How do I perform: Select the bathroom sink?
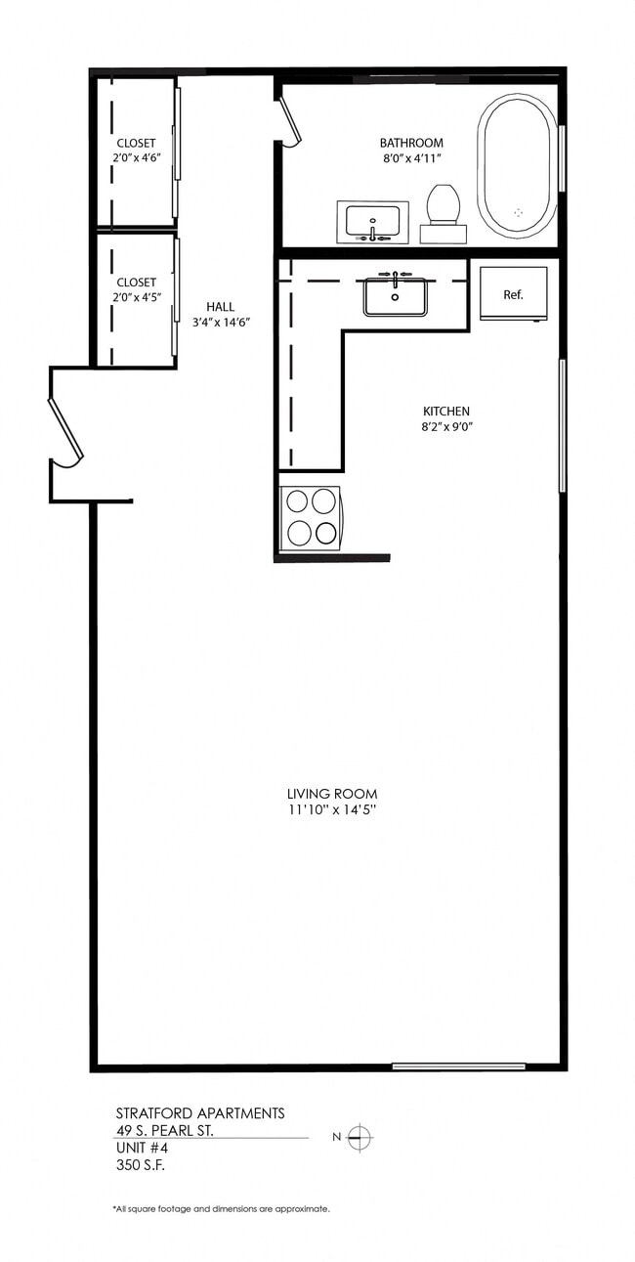(372, 221)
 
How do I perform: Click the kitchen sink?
(396, 295)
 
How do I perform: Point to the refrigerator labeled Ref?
(513, 293)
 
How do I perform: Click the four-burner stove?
(311, 517)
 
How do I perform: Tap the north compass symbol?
(360, 1137)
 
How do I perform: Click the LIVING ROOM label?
(332, 794)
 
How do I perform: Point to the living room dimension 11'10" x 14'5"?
(332, 810)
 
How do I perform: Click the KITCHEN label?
(446, 412)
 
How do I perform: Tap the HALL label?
(220, 306)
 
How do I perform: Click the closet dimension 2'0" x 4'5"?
(136, 298)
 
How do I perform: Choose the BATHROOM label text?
(411, 143)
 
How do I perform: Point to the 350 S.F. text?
(143, 1165)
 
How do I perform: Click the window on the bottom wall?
(458, 1066)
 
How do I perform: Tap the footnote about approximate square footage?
(221, 1209)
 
